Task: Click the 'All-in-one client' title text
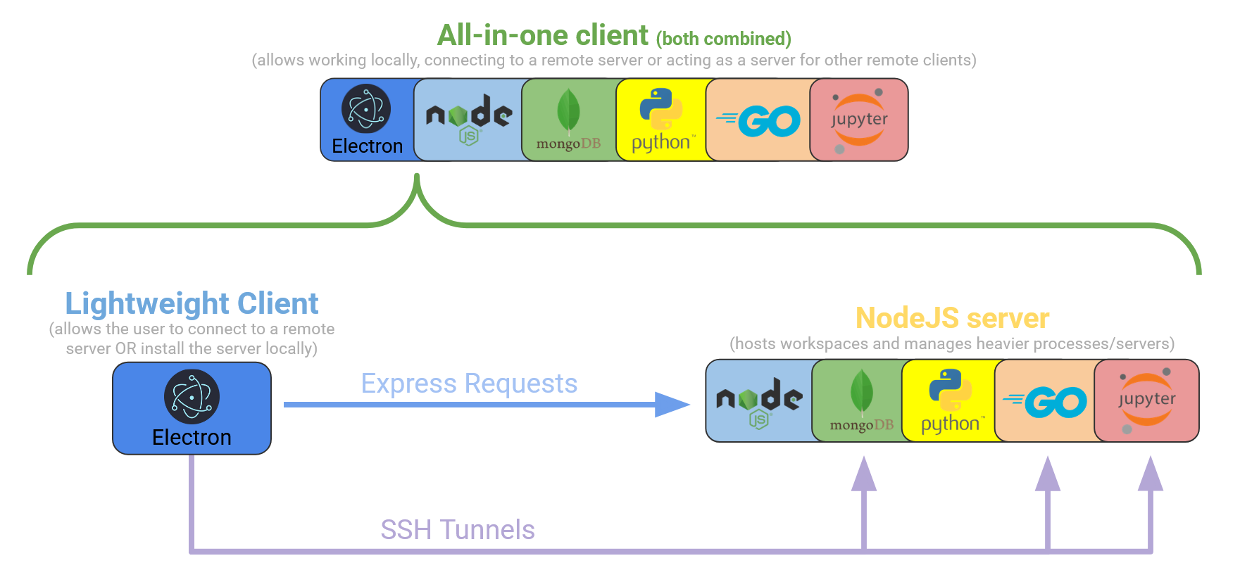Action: (543, 35)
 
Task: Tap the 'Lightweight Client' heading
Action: (192, 304)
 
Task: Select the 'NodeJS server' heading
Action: (952, 318)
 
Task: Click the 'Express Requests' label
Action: (469, 384)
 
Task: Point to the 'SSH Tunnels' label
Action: (458, 530)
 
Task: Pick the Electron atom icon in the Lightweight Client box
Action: (192, 397)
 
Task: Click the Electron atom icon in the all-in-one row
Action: (366, 109)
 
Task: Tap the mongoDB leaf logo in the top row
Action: (568, 111)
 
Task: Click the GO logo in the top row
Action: (759, 121)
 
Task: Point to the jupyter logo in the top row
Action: (859, 120)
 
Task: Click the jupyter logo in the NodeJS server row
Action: (1146, 400)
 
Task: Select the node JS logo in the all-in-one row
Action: (468, 118)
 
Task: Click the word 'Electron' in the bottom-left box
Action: (192, 438)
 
